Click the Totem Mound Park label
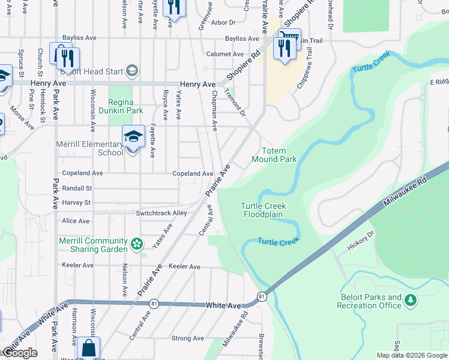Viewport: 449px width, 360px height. [279, 155]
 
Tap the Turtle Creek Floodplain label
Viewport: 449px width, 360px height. [264, 210]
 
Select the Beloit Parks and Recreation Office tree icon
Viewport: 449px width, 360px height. [411, 299]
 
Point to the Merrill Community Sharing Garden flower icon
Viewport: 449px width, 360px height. [137, 244]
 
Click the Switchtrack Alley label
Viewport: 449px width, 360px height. [161, 213]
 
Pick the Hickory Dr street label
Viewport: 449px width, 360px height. [360, 241]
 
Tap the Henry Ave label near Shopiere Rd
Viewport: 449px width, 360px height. [198, 85]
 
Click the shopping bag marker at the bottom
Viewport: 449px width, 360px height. [88, 348]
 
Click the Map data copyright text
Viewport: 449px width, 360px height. [411, 355]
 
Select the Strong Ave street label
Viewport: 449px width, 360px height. [188, 338]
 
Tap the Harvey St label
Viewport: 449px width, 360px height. [76, 203]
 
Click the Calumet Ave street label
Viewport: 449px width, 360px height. [225, 54]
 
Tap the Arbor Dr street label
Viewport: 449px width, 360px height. [223, 22]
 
